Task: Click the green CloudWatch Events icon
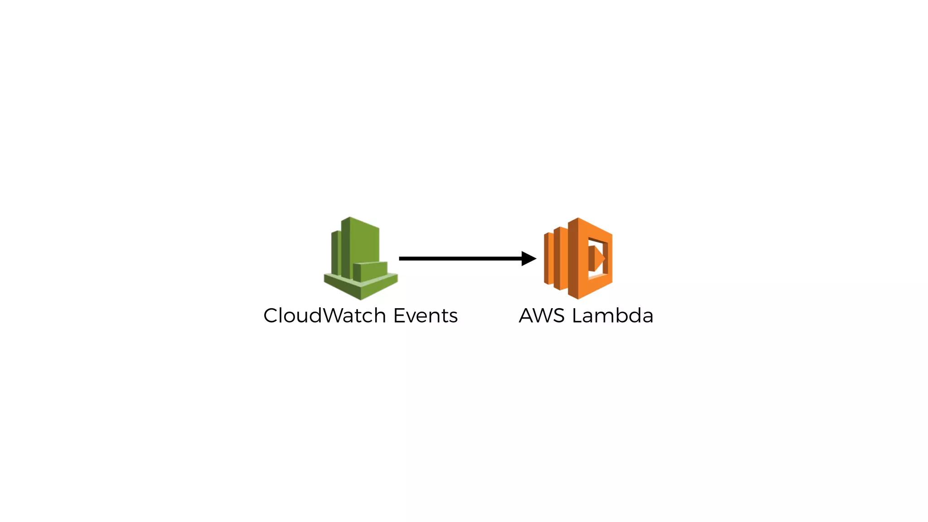[x=361, y=258]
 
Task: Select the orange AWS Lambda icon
[x=578, y=258]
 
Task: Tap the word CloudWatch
[x=324, y=315]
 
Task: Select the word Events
[x=425, y=315]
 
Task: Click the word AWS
[x=542, y=315]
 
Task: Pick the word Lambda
[x=613, y=315]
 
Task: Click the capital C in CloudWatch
[x=272, y=316]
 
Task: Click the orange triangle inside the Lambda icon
[x=597, y=258]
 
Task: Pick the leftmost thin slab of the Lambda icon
[x=548, y=258]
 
